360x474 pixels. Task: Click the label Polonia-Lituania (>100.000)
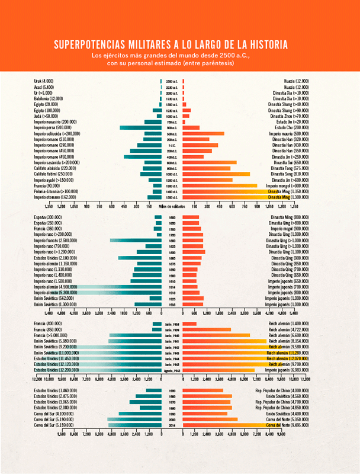point(56,191)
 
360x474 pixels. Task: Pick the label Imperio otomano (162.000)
point(54,197)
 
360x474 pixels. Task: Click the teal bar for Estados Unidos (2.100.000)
point(140,258)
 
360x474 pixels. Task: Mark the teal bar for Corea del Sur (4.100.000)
point(140,414)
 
